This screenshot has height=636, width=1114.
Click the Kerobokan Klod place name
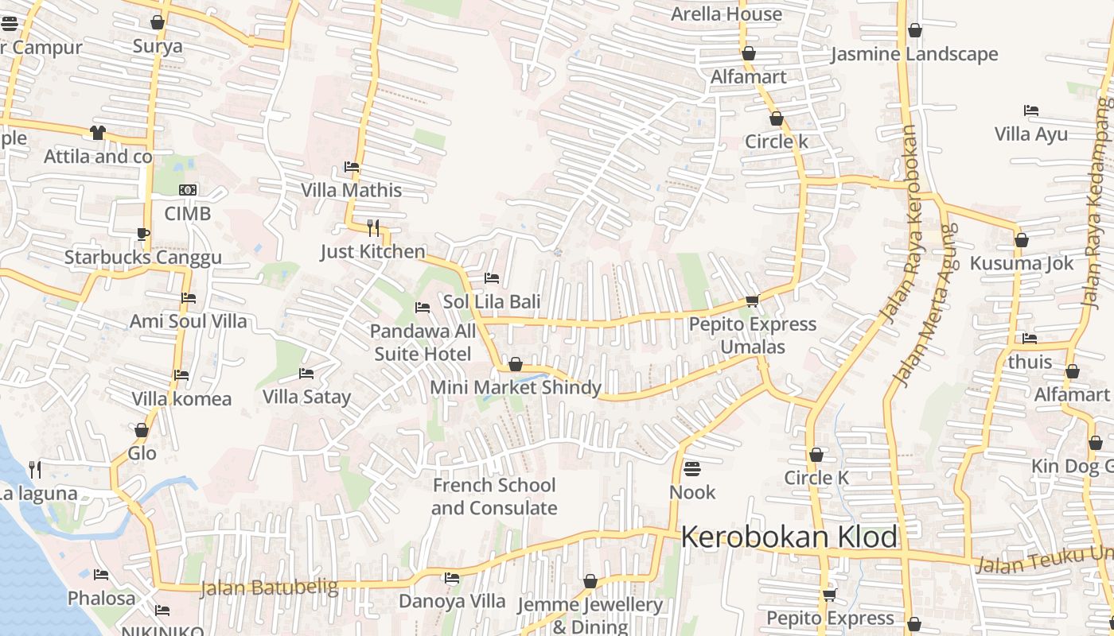789,537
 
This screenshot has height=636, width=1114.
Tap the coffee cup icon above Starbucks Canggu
143,234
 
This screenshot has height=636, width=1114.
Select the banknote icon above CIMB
188,190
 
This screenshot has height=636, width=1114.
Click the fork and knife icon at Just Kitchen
372,228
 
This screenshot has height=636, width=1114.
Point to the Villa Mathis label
351,191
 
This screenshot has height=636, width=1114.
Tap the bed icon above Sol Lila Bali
492,278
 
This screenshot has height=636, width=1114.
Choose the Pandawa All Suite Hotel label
423,342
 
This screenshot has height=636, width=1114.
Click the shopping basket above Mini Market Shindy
516,364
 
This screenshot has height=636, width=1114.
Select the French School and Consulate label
494,496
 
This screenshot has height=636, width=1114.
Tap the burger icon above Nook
692,468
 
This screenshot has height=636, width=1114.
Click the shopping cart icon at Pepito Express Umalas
752,301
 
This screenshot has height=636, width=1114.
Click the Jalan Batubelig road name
269,588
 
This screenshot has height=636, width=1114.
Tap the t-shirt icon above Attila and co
98,133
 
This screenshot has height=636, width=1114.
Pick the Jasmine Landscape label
914,55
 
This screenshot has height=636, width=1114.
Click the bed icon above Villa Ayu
1031,111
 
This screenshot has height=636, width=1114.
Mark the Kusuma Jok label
1022,263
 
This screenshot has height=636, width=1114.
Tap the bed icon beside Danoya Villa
452,578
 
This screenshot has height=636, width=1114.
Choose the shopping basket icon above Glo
142,430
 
